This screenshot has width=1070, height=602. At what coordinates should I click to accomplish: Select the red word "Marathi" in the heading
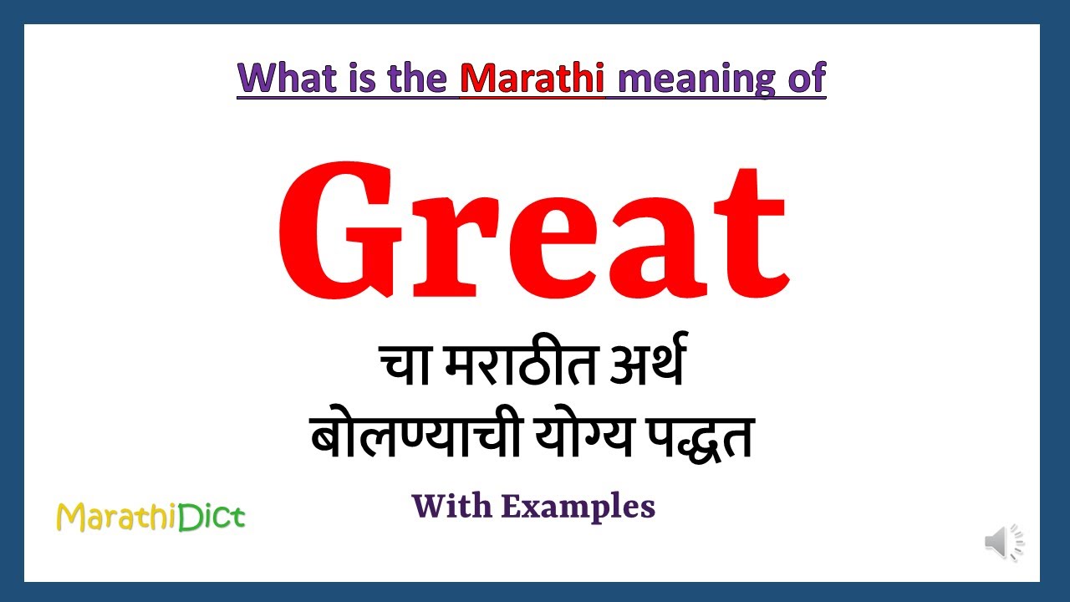tap(532, 78)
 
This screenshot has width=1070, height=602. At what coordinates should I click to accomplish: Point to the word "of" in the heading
tap(804, 78)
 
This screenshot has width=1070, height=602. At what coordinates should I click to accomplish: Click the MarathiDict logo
tap(150, 518)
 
